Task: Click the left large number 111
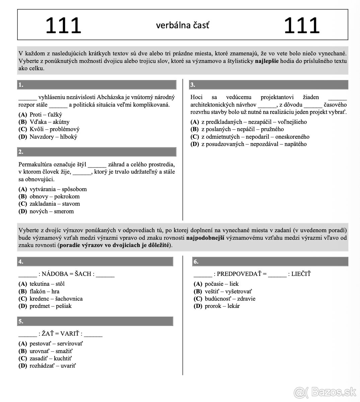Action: pyautogui.click(x=63, y=26)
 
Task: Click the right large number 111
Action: pyautogui.click(x=301, y=26)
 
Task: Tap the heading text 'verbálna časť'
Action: pyautogui.click(x=183, y=25)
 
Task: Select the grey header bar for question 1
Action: pyautogui.click(x=97, y=85)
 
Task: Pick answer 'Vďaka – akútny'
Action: pyautogui.click(x=49, y=122)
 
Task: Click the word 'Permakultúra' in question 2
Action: pyautogui.click(x=34, y=164)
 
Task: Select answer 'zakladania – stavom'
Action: pyautogui.click(x=55, y=204)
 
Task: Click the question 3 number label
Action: pyautogui.click(x=193, y=85)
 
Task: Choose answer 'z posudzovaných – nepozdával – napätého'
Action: pyautogui.click(x=254, y=144)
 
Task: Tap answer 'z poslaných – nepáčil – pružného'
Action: pyautogui.click(x=242, y=129)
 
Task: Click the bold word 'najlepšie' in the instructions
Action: pyautogui.click(x=267, y=61)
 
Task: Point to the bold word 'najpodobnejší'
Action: pyautogui.click(x=205, y=238)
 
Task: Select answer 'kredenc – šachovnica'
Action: pyautogui.click(x=56, y=298)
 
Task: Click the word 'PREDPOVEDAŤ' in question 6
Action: pyautogui.click(x=239, y=274)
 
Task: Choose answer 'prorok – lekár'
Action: pyautogui.click(x=222, y=306)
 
